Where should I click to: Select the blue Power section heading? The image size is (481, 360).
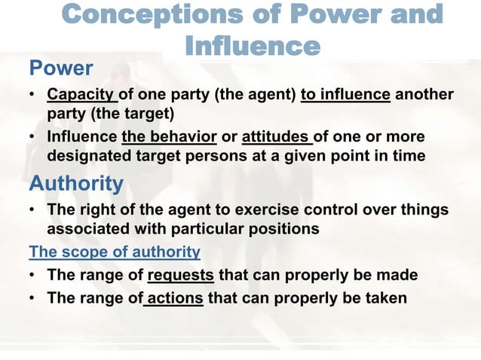61,69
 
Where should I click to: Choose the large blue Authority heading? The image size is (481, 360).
76,183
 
